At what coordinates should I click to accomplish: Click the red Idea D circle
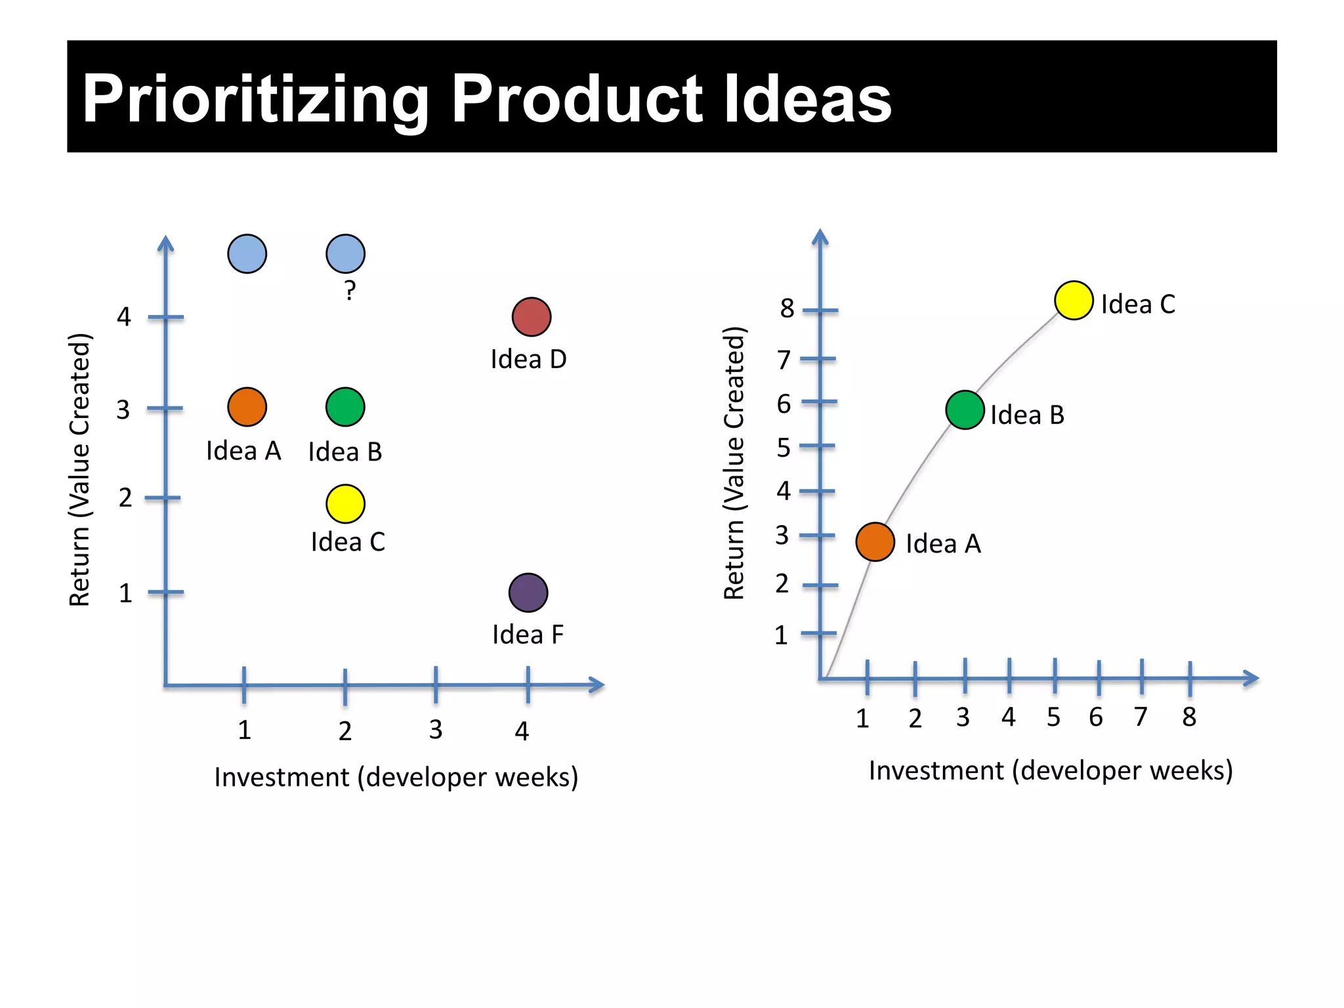531,317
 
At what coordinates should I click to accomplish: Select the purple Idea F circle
528,593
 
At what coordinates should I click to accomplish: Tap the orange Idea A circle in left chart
247,407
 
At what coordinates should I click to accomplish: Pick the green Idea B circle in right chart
965,410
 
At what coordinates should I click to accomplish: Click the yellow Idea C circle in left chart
345,504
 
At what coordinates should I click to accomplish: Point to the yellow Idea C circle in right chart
1074,301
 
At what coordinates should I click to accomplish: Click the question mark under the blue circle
350,290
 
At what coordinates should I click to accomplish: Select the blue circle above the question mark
345,254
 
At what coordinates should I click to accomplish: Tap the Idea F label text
528,635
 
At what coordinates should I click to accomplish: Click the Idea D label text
528,360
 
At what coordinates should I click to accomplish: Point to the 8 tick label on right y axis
787,308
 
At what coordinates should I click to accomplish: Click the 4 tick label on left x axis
522,730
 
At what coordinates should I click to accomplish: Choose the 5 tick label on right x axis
1053,717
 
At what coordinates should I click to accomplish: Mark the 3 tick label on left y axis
123,410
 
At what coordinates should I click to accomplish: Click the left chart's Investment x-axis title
396,777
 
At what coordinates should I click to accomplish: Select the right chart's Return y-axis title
734,463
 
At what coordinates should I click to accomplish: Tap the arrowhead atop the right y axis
820,238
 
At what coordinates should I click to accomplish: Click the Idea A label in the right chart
943,544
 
